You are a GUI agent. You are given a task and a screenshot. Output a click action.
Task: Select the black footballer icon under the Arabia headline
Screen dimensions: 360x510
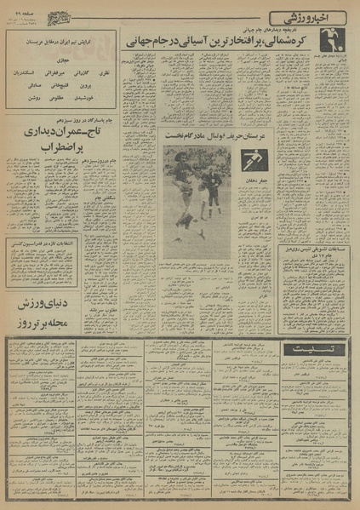[x=251, y=160]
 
